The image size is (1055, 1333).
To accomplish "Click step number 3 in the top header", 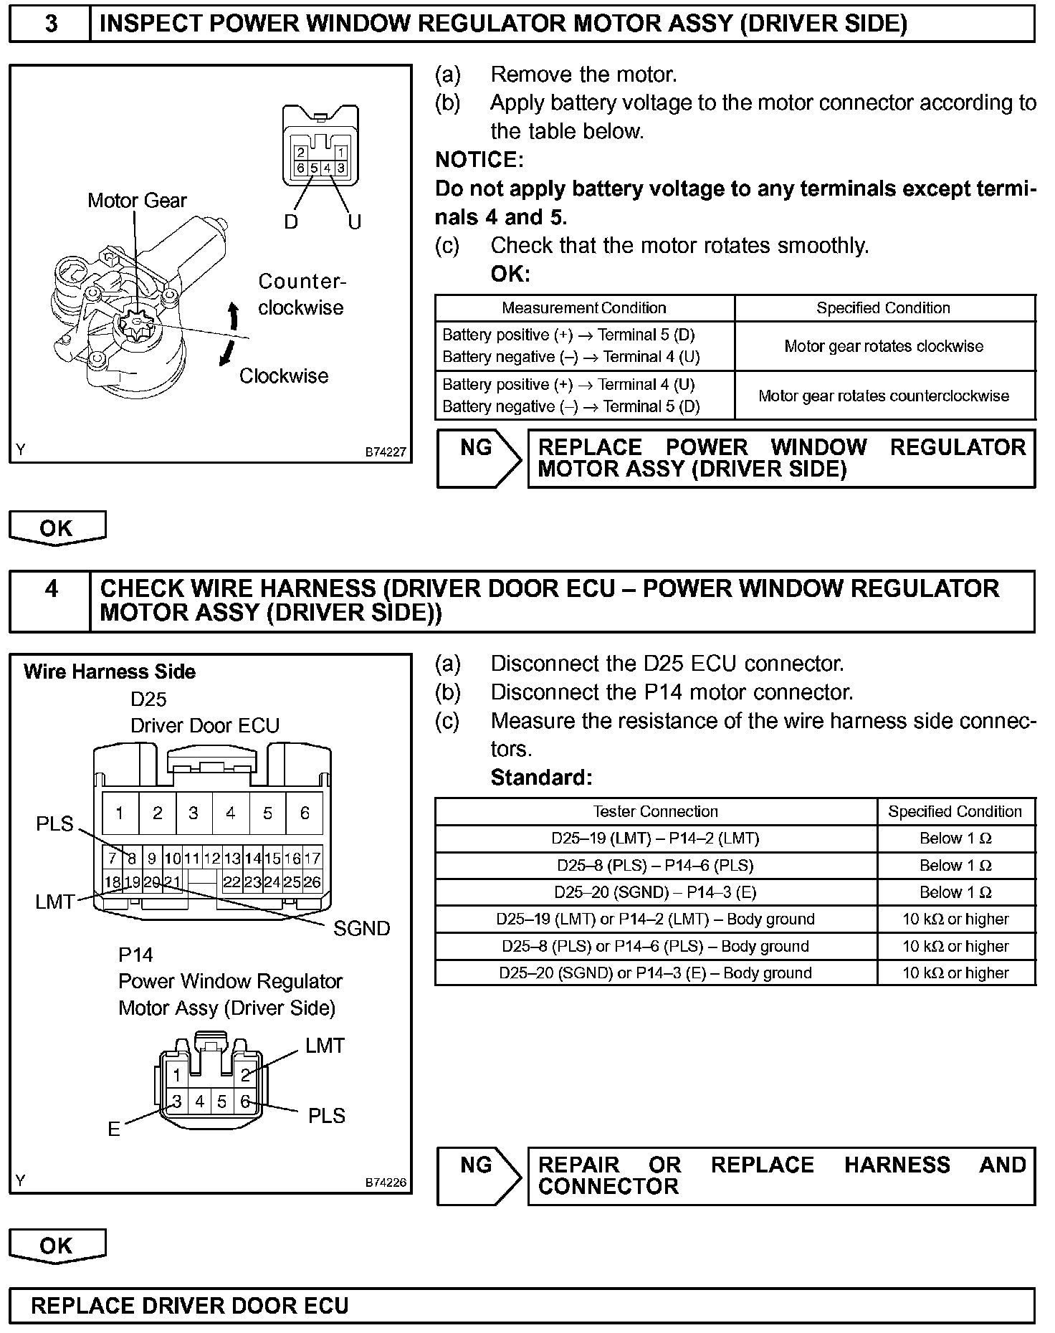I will [51, 24].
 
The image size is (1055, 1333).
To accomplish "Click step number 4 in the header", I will [51, 589].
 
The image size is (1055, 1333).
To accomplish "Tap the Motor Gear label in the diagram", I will [137, 201].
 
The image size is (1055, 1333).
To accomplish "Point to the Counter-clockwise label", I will [301, 295].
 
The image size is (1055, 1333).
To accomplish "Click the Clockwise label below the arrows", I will [284, 376].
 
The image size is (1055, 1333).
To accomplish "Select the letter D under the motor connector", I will [290, 221].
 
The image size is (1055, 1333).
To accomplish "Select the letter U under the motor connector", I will [354, 221].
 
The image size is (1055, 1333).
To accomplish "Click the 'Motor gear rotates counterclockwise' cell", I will [883, 396].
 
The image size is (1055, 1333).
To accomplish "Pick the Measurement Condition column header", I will [583, 308].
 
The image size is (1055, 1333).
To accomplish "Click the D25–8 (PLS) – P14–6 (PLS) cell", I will [655, 866].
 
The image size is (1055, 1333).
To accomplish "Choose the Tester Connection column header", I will [655, 811].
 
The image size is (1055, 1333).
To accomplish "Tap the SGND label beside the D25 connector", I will [361, 929].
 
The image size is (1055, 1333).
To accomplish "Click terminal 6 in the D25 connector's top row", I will [305, 813].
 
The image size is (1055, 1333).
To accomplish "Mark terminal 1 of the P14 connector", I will [176, 1075].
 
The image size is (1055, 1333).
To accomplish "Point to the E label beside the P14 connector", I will [114, 1129].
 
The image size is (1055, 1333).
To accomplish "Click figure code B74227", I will [386, 452].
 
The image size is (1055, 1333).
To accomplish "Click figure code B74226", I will [386, 1182].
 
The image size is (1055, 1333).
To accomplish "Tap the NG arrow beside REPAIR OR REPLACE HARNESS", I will [478, 1175].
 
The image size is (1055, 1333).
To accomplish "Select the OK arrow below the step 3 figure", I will [57, 528].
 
